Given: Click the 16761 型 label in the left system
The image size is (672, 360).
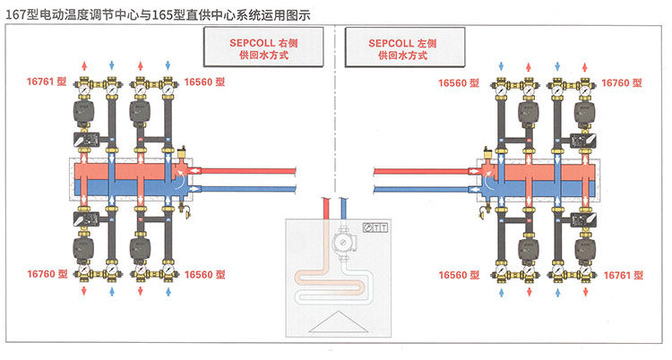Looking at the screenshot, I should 47,81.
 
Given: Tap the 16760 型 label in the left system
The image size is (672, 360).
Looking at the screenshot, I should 47,273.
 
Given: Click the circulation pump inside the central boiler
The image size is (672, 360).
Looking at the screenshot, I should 341,244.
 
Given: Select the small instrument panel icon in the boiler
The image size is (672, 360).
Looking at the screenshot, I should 375,227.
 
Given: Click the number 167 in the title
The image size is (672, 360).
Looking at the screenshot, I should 16,10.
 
